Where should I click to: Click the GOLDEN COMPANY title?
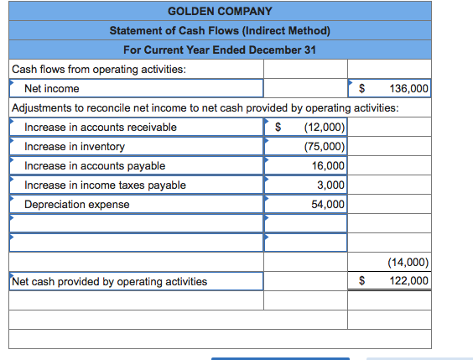[x=220, y=11]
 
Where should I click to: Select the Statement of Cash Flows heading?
[x=220, y=30]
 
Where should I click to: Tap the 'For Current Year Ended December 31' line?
[x=220, y=50]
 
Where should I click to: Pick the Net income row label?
[x=52, y=88]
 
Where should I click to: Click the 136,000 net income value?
[x=408, y=88]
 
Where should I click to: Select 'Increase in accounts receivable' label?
[x=101, y=127]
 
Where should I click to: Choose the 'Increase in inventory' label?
[x=75, y=146]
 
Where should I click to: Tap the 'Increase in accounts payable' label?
[x=95, y=165]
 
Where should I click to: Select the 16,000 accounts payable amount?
[x=328, y=165]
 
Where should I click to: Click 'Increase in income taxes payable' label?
[x=106, y=185]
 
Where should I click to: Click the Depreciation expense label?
[x=77, y=204]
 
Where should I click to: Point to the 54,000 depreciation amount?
[x=328, y=204]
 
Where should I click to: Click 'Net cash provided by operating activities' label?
[x=110, y=281]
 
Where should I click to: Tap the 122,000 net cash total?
[x=408, y=281]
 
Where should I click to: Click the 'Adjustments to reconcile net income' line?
[x=205, y=107]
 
